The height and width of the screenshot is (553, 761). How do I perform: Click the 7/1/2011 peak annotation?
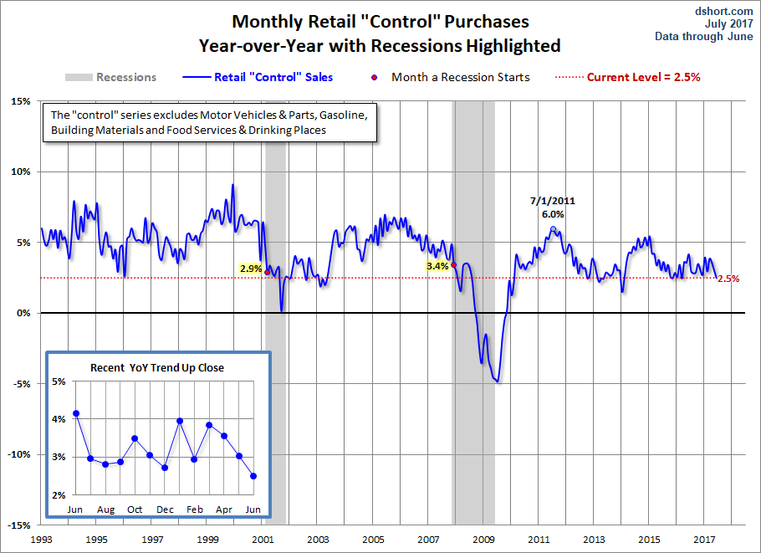tap(552, 201)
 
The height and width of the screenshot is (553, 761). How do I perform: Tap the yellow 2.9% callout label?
tap(250, 269)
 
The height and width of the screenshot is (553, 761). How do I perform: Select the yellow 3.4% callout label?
tap(437, 266)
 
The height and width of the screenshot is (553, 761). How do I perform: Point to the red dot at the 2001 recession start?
tap(267, 272)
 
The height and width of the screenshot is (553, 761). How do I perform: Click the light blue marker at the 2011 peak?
tap(553, 228)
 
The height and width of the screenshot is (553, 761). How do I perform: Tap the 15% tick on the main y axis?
tap(21, 101)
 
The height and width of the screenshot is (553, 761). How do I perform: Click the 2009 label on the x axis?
tap(483, 540)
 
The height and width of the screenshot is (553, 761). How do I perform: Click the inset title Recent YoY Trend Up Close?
tap(157, 367)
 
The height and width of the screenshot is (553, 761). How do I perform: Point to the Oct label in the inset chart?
tap(135, 509)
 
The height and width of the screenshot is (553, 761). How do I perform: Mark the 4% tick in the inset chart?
tap(59, 419)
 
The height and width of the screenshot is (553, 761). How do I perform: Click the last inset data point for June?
tap(253, 476)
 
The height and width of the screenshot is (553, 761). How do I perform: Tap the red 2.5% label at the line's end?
tap(728, 279)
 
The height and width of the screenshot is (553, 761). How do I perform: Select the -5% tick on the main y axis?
tap(21, 384)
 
